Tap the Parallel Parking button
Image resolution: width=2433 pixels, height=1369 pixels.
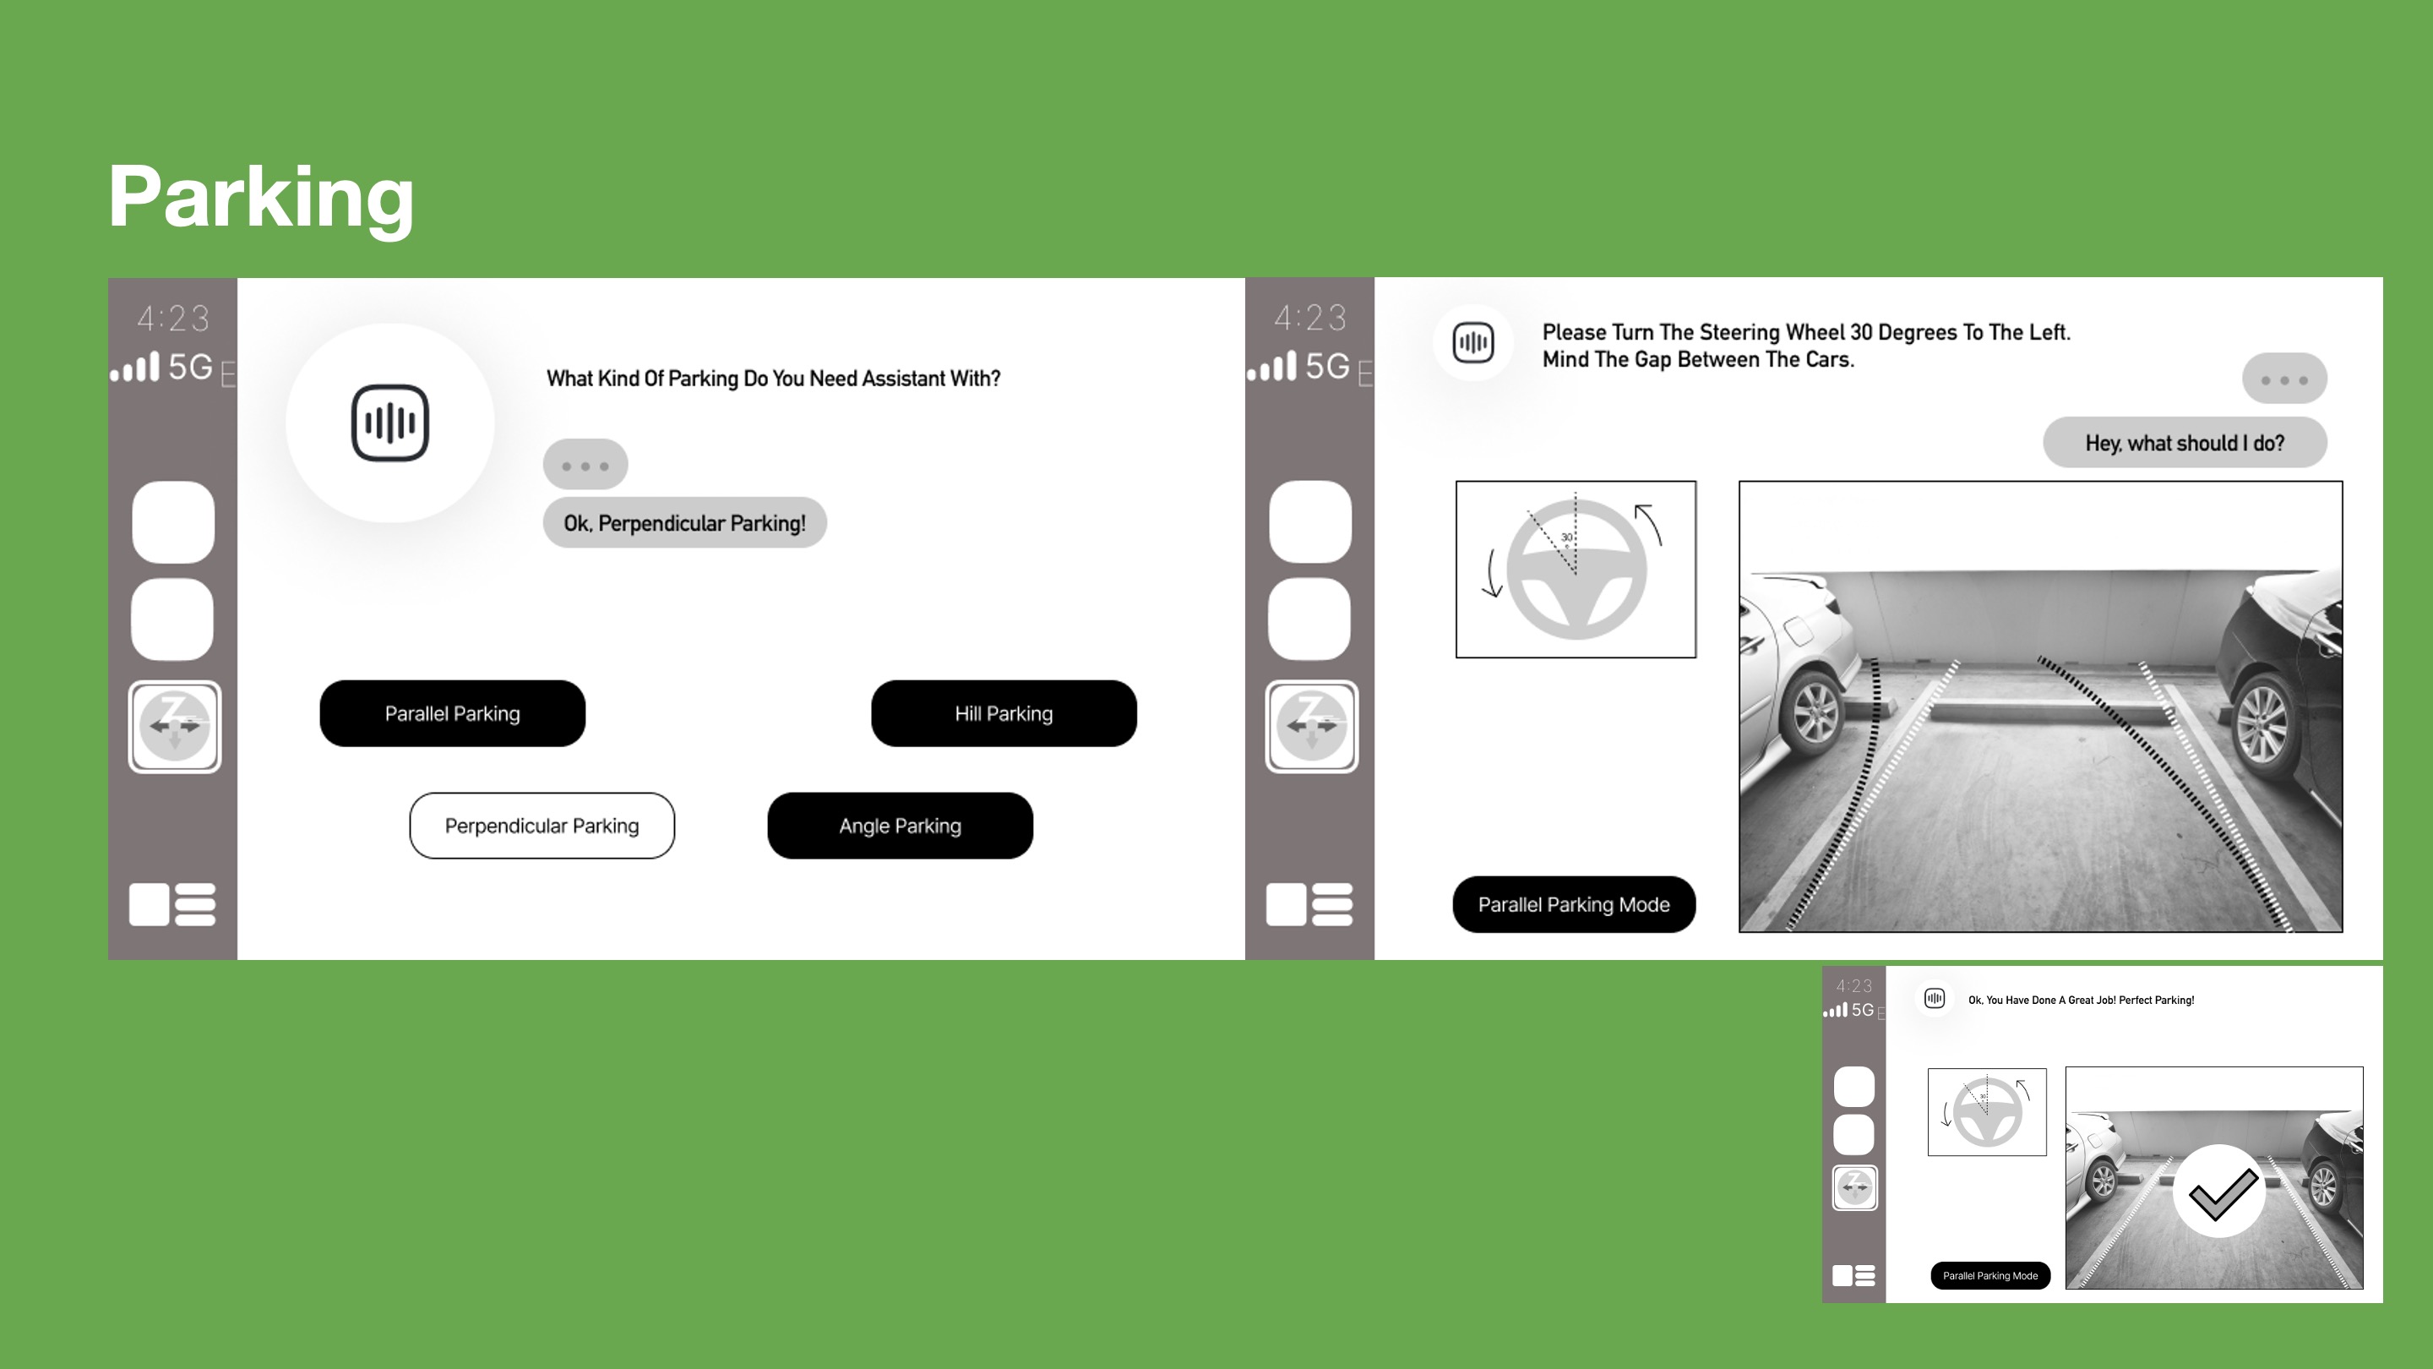(x=453, y=713)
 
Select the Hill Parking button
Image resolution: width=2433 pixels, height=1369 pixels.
(x=1004, y=713)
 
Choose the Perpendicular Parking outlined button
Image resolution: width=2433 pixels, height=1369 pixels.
(x=542, y=826)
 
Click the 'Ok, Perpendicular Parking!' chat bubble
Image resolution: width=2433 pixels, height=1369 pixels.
(x=685, y=522)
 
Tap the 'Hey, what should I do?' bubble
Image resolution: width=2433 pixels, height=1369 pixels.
(x=2185, y=442)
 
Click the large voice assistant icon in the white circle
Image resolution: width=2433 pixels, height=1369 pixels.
(x=390, y=423)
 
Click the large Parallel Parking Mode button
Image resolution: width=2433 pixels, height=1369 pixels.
(x=1575, y=904)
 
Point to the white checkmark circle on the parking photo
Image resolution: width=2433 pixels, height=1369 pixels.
(x=2218, y=1192)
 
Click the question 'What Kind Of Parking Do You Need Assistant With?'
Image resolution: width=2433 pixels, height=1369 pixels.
(x=774, y=379)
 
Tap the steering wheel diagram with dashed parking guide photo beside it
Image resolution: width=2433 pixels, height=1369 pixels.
(x=1576, y=569)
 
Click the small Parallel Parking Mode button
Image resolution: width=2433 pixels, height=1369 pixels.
(x=1990, y=1275)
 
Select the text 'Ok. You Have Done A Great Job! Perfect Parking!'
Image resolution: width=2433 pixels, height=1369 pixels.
(x=2081, y=1000)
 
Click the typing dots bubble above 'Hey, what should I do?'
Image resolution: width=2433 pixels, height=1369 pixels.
(x=2284, y=379)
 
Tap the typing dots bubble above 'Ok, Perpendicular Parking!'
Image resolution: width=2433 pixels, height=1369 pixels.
(x=585, y=465)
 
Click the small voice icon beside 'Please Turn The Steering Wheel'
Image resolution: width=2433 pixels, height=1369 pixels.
(x=1473, y=342)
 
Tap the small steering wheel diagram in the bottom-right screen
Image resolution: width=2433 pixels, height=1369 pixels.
(x=1987, y=1112)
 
